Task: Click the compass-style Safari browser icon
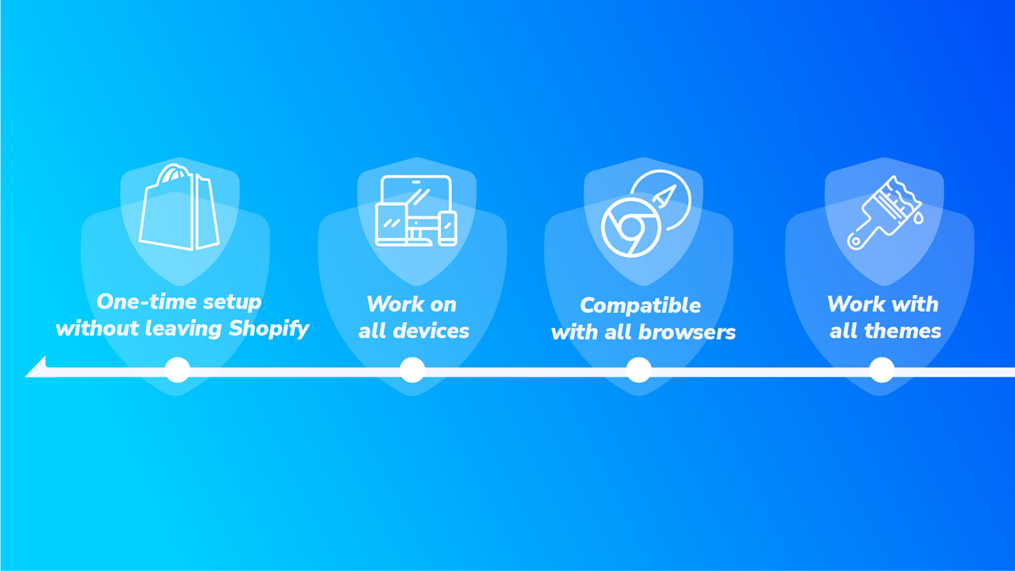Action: click(x=661, y=199)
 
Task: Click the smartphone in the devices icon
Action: click(x=448, y=228)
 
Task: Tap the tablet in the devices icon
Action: click(x=391, y=225)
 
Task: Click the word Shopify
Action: click(x=268, y=328)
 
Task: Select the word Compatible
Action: click(x=640, y=305)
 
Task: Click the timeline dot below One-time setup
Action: click(x=177, y=370)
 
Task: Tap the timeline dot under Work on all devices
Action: click(x=412, y=370)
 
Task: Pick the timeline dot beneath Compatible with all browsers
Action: click(x=638, y=370)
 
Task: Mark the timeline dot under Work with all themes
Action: click(x=882, y=370)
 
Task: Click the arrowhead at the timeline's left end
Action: click(x=36, y=369)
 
